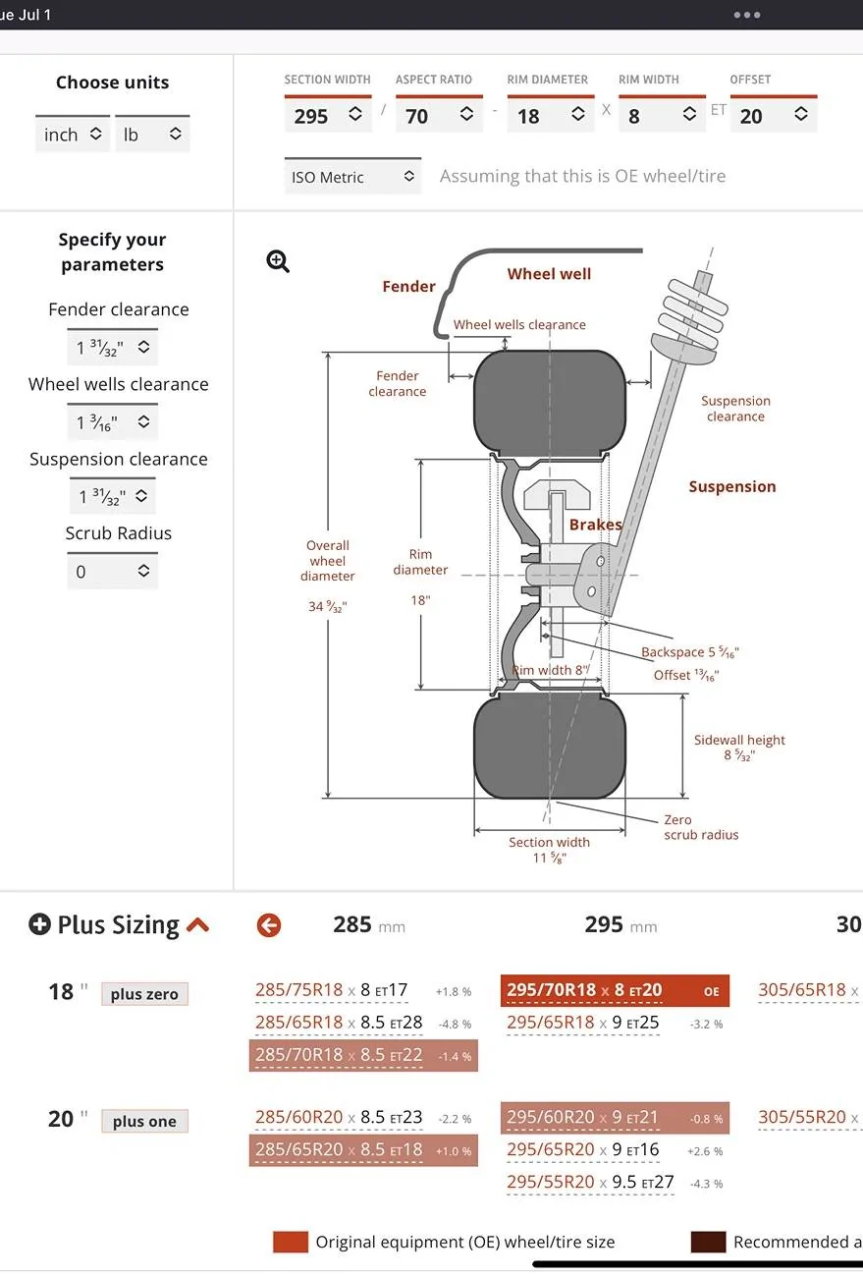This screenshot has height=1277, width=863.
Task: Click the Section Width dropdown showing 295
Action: click(328, 116)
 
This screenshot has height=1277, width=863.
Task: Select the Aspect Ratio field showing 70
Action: click(439, 116)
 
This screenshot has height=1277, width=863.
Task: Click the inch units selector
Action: click(73, 135)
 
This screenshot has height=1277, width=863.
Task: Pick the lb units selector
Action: click(152, 135)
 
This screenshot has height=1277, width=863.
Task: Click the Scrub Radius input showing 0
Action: click(112, 572)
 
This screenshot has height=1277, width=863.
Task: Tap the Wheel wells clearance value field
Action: click(112, 422)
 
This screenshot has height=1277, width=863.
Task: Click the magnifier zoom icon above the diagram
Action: click(278, 261)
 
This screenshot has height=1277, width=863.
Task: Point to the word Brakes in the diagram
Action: click(595, 525)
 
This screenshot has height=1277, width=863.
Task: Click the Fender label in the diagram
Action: click(408, 287)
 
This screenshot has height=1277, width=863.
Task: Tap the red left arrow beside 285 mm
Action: click(268, 925)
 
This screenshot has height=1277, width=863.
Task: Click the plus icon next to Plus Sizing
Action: click(39, 924)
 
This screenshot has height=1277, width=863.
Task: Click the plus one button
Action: click(144, 1122)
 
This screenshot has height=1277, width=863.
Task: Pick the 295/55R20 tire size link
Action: click(550, 1182)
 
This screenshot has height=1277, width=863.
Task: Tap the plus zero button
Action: click(144, 994)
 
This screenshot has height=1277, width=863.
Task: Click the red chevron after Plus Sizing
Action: click(197, 924)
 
